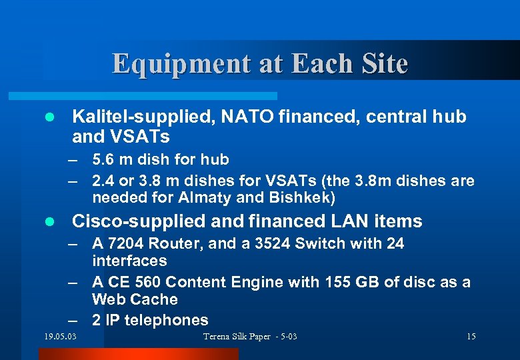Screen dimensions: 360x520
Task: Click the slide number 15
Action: coord(471,336)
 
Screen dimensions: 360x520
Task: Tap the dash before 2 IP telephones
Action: coord(78,320)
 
